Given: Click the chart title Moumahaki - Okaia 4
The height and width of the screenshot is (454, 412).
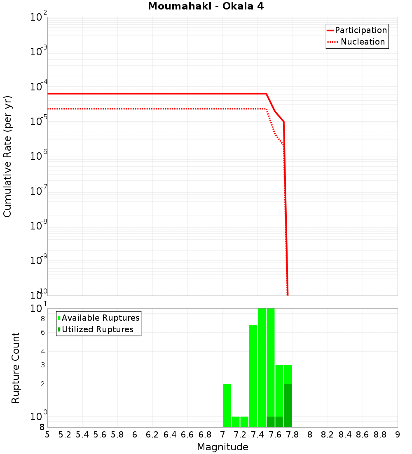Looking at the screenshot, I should click(206, 7).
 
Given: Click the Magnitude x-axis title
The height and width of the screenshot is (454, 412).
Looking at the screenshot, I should click(222, 447).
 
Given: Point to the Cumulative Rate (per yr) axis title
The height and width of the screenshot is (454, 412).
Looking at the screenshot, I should click(8, 156).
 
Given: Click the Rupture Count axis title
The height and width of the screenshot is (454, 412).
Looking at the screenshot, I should click(15, 368).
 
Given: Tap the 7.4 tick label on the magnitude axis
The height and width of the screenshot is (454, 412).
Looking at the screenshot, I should click(257, 435).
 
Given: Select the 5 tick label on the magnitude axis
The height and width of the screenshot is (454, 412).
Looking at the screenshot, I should click(47, 435).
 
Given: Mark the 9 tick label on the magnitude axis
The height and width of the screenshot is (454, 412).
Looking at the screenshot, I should click(397, 435).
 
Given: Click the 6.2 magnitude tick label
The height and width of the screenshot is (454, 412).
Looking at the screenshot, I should click(152, 435).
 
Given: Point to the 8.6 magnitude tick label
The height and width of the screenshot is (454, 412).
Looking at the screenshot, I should click(363, 435).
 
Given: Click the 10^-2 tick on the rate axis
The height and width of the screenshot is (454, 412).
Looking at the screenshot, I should click(39, 18).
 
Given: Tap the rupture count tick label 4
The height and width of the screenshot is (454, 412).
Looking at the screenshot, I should click(42, 351).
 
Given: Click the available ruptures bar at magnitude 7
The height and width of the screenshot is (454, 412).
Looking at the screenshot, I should click(227, 405).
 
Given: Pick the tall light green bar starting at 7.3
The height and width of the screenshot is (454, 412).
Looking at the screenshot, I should click(253, 376).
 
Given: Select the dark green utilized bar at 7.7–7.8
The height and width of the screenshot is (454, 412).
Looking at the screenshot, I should click(288, 405).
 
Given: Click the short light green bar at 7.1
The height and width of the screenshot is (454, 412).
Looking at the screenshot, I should click(236, 422).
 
